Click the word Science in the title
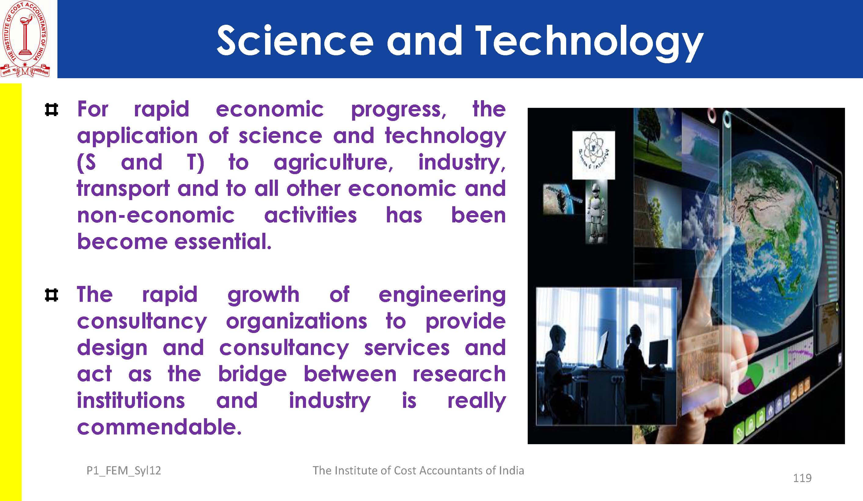click(295, 40)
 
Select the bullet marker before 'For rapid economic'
click(51, 110)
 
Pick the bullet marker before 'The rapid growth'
click(51, 295)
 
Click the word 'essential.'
click(223, 242)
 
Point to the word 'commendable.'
click(159, 427)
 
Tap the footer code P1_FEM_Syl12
click(124, 471)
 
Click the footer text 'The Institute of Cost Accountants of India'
click(418, 470)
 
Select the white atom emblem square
click(593, 155)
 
